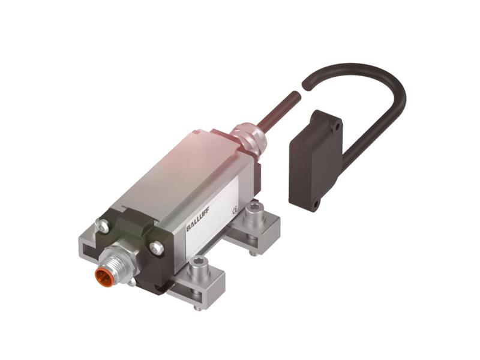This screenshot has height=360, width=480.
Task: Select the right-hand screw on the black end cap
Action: tap(157, 246)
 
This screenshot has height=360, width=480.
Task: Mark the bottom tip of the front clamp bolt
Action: tap(197, 308)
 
